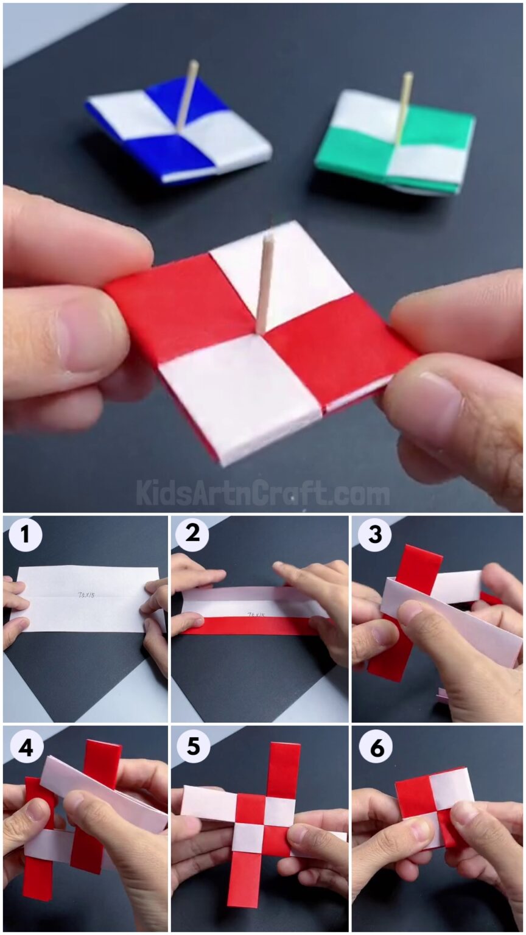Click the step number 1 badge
25,535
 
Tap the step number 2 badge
192,535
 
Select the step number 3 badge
374,535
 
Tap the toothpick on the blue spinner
187,94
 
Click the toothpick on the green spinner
403,107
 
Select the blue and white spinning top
178,131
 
